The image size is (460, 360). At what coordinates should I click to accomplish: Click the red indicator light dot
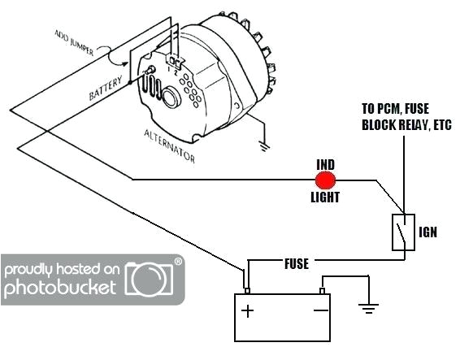point(326,180)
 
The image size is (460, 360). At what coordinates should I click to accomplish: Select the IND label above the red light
point(326,165)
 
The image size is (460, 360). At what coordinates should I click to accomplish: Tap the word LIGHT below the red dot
point(327,197)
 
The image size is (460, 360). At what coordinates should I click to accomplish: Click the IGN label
point(428,232)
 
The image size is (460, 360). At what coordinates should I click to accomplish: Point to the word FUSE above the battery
point(296,264)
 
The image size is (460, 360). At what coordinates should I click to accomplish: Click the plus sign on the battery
point(248,310)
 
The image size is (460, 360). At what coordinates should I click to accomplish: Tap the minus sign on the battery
point(322,310)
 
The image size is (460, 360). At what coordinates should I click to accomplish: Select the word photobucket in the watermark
point(62,287)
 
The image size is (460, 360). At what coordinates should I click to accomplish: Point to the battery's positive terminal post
point(247,289)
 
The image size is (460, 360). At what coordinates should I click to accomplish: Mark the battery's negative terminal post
point(323,290)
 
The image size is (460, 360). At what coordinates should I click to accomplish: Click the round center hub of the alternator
point(171,98)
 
